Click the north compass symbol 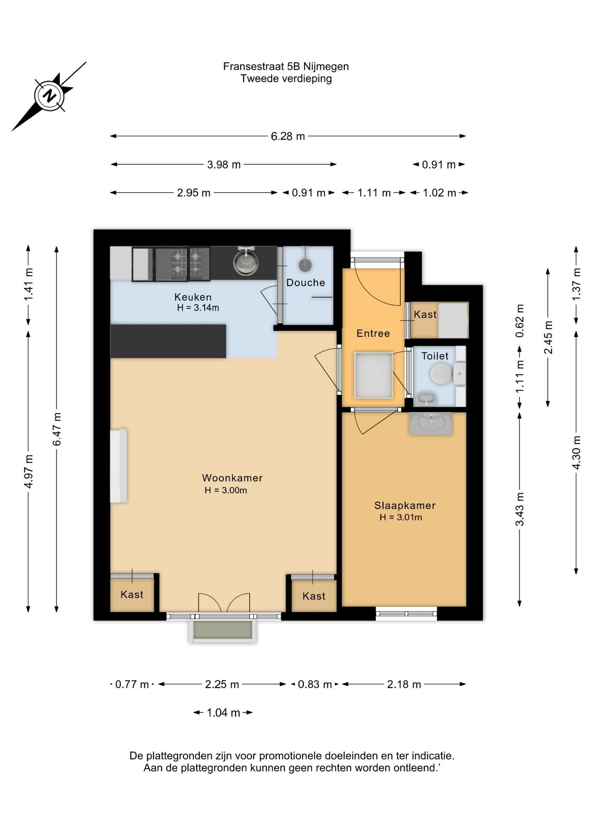click(49, 96)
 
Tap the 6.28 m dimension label click(288, 136)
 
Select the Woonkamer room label click(232, 478)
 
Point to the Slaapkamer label click(405, 505)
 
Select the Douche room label click(306, 283)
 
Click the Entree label click(373, 333)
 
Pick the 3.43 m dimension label click(520, 509)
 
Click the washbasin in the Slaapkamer click(431, 423)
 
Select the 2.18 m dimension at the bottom click(404, 684)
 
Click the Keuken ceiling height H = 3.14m click(198, 308)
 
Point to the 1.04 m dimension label click(223, 712)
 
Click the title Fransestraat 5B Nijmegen click(286, 67)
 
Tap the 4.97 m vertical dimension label click(29, 471)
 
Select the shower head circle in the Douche click(305, 265)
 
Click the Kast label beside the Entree click(425, 314)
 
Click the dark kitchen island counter click(168, 341)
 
